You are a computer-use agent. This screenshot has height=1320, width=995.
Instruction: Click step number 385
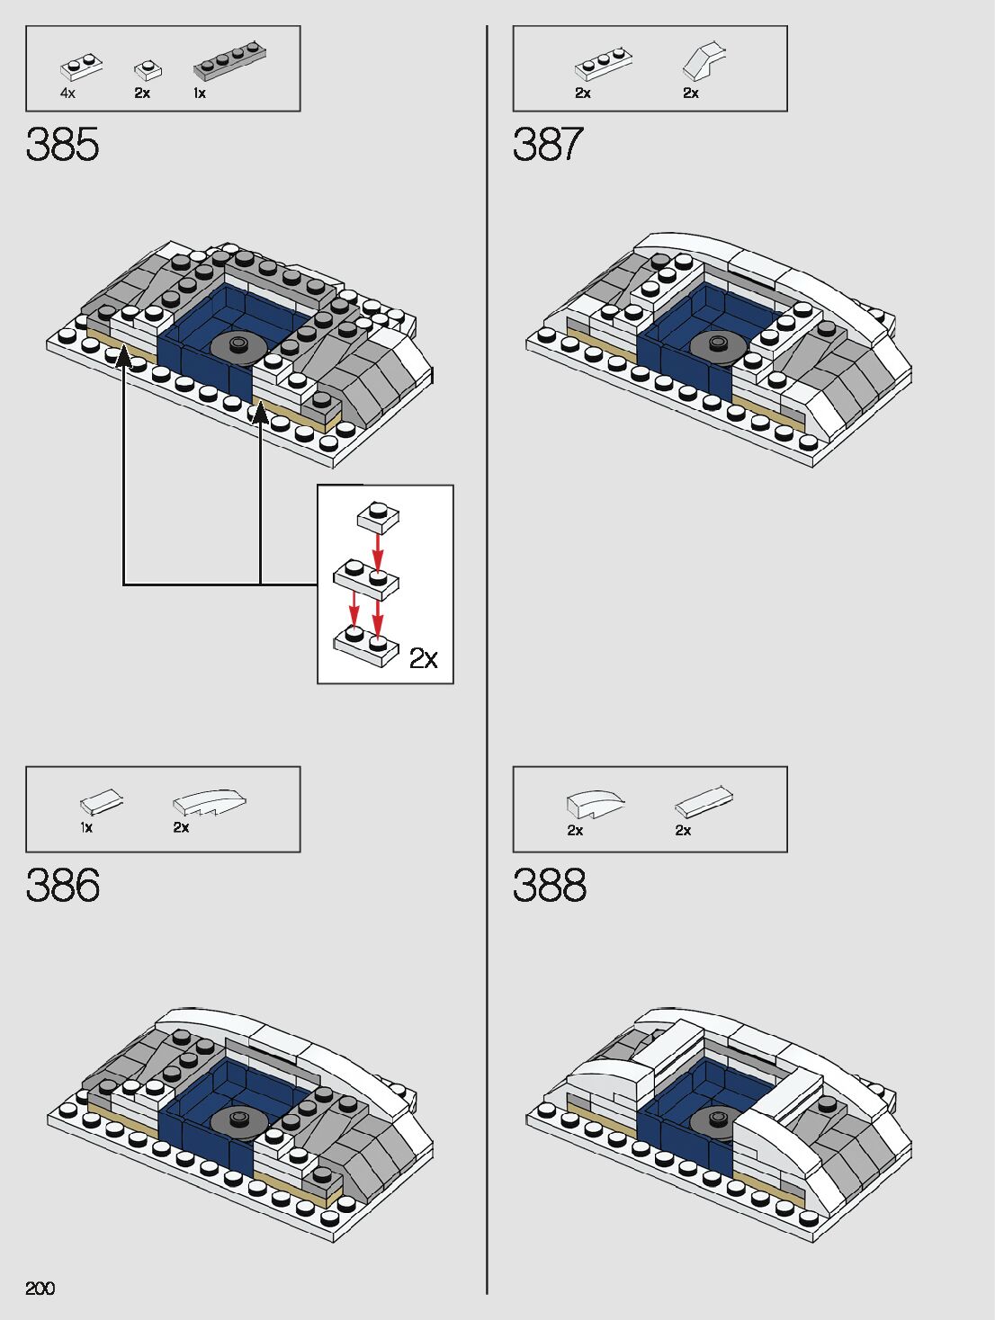[x=62, y=145]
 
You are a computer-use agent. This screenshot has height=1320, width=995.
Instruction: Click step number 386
[x=62, y=886]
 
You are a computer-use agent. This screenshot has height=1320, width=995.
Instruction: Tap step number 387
[x=548, y=145]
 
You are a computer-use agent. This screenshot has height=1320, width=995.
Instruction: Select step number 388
[x=549, y=886]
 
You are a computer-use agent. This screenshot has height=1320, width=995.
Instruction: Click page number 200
[x=40, y=1289]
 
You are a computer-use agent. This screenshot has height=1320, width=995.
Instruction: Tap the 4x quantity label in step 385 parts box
[x=68, y=94]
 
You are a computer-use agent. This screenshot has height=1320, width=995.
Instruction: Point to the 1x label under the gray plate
[x=200, y=94]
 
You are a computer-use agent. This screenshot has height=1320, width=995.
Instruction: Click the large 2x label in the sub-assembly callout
[x=423, y=659]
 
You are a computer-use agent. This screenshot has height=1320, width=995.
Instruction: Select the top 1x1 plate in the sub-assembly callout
[x=378, y=516]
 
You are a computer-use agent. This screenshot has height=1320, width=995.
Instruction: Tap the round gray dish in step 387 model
[x=718, y=345]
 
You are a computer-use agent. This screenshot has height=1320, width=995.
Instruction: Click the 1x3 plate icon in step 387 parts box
[x=603, y=65]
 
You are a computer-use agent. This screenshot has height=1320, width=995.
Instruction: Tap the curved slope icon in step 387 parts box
[x=704, y=61]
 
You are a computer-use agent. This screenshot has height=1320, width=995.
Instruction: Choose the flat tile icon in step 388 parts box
[x=704, y=801]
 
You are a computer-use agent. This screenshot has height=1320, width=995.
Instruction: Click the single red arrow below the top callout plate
[x=378, y=549]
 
